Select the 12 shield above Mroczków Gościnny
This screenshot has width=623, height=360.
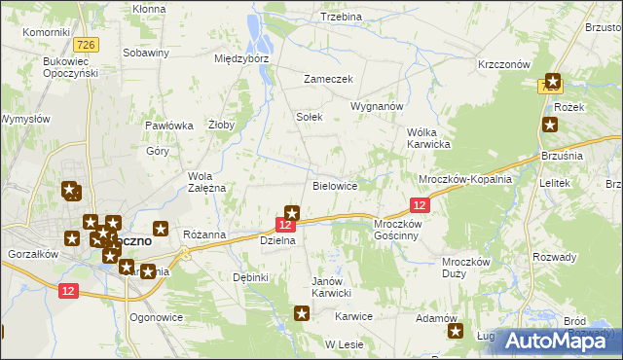pos(420,205)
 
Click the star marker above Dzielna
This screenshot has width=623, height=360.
pos(291,212)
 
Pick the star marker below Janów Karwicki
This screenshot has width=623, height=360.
pos(302,312)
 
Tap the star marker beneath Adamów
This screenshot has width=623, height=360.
pos(455,332)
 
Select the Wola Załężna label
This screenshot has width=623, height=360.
pos(206,182)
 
